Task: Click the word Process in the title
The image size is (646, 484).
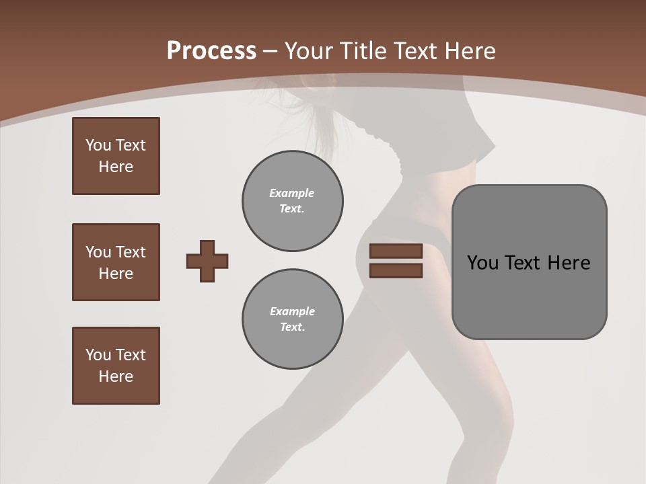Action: click(211, 51)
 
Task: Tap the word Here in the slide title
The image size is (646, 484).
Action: click(468, 51)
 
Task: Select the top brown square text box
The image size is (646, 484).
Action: click(116, 156)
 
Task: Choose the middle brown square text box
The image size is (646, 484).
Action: click(116, 262)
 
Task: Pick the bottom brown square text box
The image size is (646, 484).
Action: click(116, 366)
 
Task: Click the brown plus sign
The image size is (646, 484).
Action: click(207, 261)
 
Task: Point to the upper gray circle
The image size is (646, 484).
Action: click(293, 201)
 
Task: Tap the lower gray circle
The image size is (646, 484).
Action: click(293, 319)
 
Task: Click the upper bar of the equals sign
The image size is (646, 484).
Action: click(396, 251)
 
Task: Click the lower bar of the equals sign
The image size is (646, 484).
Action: click(396, 270)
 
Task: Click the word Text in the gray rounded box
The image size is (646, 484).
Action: click(526, 263)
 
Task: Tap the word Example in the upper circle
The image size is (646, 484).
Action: click(292, 193)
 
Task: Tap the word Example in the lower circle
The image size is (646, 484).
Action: click(292, 311)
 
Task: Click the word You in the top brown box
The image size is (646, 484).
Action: click(98, 145)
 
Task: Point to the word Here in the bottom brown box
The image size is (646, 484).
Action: click(116, 376)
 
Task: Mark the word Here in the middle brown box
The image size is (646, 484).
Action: click(116, 274)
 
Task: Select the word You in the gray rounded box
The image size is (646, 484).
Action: click(482, 263)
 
